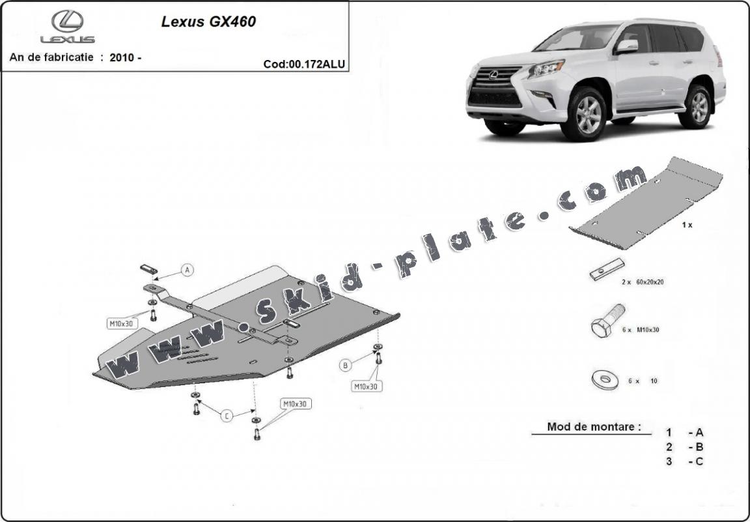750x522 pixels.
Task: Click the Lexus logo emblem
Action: coord(68,21)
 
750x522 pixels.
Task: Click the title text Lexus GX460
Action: coord(208,22)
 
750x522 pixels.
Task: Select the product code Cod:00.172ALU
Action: coord(304,64)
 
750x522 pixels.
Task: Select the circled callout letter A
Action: coord(187,270)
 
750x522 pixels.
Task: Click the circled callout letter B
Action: coord(346,366)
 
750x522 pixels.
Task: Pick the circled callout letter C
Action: coord(227,416)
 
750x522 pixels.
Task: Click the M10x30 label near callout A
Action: coord(121,323)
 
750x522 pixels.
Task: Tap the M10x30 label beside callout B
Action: coord(366,386)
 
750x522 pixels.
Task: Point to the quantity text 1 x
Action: coord(687,225)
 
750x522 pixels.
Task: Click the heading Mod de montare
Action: coord(590,427)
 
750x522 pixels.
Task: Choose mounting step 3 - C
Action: coord(684,461)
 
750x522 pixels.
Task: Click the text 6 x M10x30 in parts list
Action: coord(641,330)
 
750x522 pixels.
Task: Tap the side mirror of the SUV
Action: coord(628,46)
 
